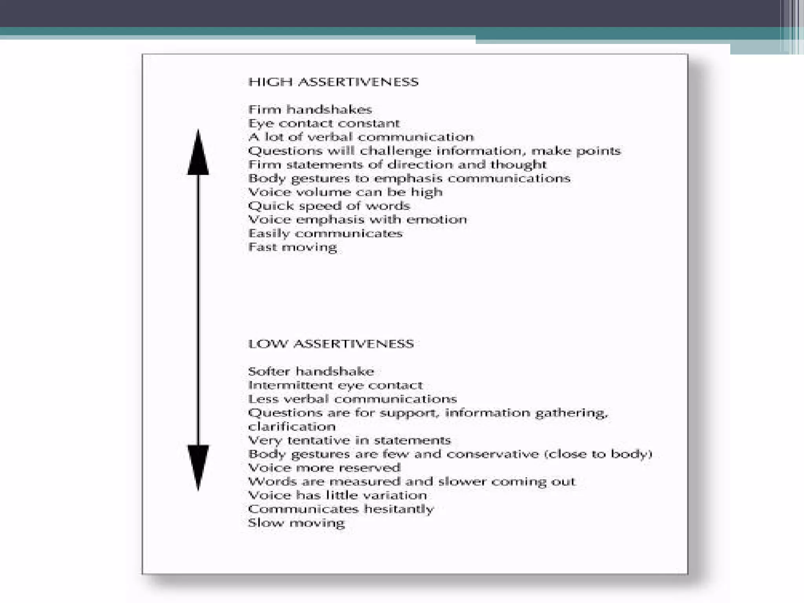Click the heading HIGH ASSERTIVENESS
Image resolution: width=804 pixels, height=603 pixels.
(333, 82)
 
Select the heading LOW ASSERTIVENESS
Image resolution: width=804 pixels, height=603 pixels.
(331, 344)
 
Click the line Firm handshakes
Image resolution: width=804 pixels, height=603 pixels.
(310, 110)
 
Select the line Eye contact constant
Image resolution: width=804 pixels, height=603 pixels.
(324, 123)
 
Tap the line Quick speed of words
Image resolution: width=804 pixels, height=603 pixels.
(329, 206)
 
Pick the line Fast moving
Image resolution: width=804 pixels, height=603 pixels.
(292, 247)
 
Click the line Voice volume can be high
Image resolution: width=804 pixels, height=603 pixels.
(345, 192)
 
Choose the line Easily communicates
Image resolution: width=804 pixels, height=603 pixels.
(325, 233)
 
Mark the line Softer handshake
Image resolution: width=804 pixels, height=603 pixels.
(311, 371)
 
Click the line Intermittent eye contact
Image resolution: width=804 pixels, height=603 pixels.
(335, 385)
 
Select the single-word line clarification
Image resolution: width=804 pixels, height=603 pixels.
(292, 426)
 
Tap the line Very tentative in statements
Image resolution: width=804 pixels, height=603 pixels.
(349, 440)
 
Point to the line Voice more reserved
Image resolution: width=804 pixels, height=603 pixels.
(324, 468)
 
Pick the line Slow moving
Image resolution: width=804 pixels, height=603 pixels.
(296, 523)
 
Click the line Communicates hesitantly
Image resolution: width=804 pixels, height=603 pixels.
(341, 509)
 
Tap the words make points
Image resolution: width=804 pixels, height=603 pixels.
(576, 151)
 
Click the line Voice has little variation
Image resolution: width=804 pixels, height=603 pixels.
(337, 495)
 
